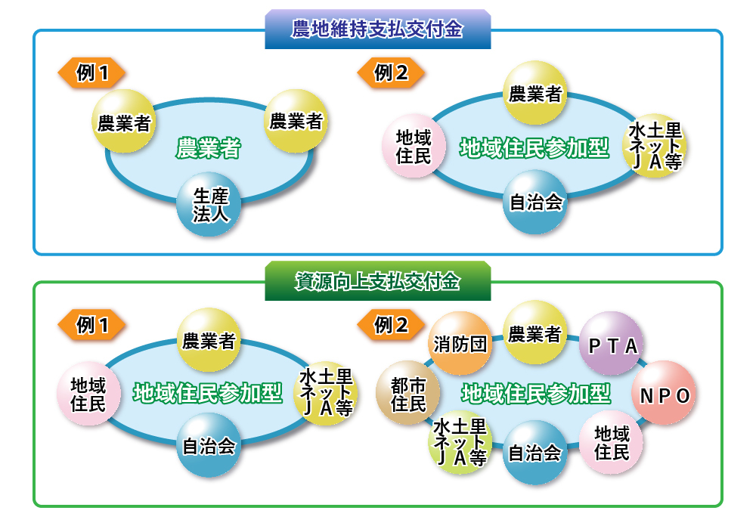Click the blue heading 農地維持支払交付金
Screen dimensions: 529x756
(377, 29)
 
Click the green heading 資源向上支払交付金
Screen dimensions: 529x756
(377, 282)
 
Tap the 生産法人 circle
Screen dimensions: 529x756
(208, 205)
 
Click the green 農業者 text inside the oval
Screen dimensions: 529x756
(208, 148)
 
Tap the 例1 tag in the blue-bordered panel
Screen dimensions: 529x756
(91, 73)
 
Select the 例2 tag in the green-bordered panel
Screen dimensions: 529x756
(391, 326)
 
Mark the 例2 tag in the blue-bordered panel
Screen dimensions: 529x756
(391, 73)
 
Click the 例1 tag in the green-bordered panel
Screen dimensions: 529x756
(91, 326)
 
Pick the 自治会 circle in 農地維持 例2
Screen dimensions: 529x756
(535, 202)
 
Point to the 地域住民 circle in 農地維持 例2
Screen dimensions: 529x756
(413, 147)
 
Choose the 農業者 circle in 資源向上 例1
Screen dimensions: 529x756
(209, 340)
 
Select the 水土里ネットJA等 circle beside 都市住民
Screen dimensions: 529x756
(460, 441)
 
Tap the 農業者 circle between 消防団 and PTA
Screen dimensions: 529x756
(534, 333)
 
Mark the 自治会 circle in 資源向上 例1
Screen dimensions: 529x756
(209, 445)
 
